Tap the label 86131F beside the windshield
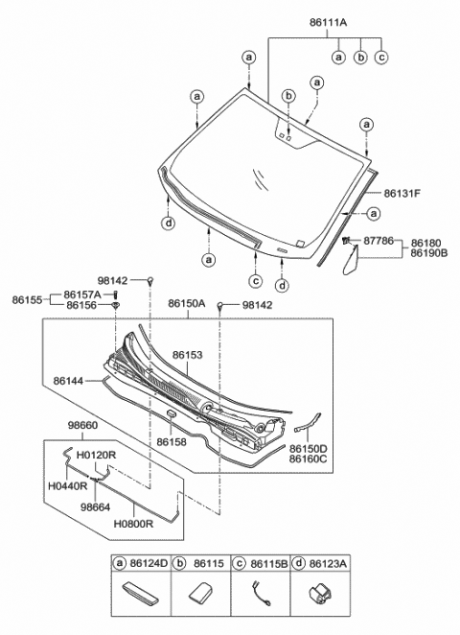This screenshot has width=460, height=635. click(x=402, y=193)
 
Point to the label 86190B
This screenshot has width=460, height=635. click(x=428, y=256)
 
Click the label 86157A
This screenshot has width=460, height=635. click(x=83, y=294)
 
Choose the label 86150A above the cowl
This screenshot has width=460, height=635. click(x=188, y=303)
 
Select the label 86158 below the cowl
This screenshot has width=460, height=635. click(x=171, y=442)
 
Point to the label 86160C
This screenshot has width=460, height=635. click(x=309, y=459)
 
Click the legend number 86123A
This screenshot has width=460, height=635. click(x=329, y=564)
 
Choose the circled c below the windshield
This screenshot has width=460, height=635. click(x=256, y=281)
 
